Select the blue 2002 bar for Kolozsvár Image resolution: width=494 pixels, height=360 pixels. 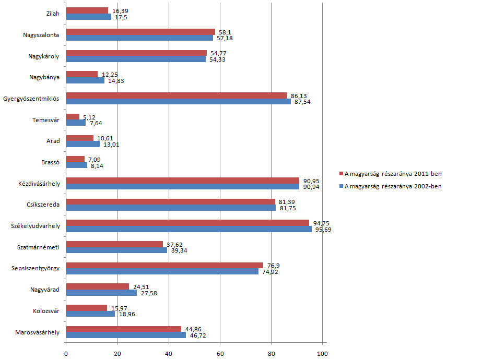pos(90,314)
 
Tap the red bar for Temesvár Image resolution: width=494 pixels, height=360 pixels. pos(73,116)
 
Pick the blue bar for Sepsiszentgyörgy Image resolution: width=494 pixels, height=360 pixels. pos(162,271)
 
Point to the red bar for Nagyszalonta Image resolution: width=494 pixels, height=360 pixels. pos(140,32)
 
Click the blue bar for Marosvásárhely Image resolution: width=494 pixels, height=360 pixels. pos(126,335)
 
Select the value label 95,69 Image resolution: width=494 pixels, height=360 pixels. pos(322,230)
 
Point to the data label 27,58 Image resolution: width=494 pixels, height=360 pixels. pos(150,293)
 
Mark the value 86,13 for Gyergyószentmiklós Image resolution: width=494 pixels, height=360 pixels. pos(298,95)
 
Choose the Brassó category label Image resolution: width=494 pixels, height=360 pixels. pos(50,162)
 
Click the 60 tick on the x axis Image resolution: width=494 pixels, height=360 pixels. pos(220,354)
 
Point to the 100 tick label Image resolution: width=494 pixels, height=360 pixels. pos(322,354)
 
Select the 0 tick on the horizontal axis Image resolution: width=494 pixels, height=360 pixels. pos(66,354)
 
